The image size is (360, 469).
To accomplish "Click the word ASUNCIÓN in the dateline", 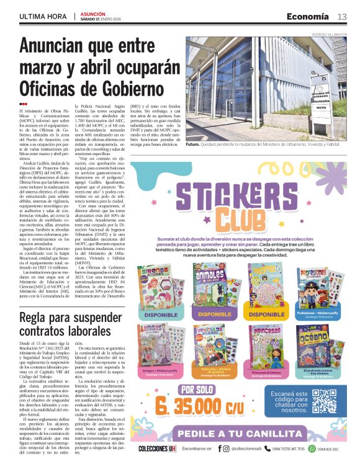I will (94, 13).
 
